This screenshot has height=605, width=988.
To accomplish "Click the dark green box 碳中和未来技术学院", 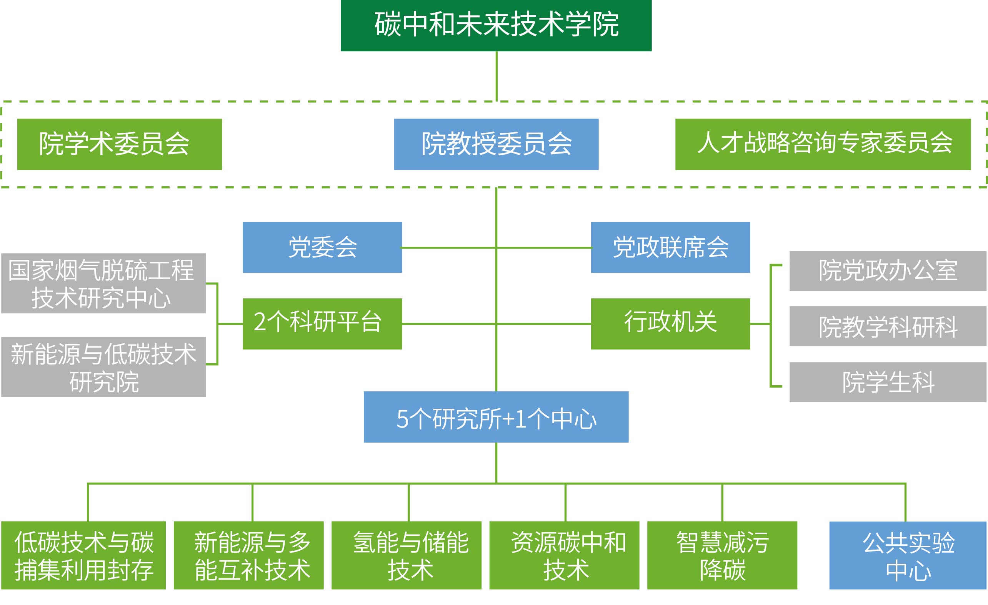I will (496, 25).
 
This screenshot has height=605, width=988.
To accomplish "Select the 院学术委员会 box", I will (120, 144).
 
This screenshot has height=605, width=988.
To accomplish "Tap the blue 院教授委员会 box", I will (496, 144).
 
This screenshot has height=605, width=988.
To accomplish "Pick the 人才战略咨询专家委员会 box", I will (823, 144).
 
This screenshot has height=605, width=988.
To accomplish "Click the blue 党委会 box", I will (322, 247).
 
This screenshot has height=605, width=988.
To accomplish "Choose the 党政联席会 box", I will (670, 247).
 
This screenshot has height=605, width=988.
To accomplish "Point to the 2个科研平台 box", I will (322, 323).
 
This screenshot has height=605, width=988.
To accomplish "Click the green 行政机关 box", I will (670, 323).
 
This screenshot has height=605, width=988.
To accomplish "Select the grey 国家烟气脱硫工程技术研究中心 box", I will (103, 283).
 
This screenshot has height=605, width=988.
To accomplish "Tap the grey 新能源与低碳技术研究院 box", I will (103, 367).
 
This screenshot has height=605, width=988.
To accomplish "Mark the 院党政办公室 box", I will (888, 271).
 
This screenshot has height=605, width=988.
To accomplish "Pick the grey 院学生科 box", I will (888, 382).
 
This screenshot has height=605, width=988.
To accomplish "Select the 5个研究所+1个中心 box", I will (496, 417).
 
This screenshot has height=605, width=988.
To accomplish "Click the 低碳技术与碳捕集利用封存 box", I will (83, 555).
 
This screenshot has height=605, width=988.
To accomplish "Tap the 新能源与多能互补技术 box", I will (248, 555).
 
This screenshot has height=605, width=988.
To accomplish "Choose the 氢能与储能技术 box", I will (406, 555).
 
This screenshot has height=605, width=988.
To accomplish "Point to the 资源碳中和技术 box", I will (564, 555).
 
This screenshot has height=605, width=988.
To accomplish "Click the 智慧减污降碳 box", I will (722, 555).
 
